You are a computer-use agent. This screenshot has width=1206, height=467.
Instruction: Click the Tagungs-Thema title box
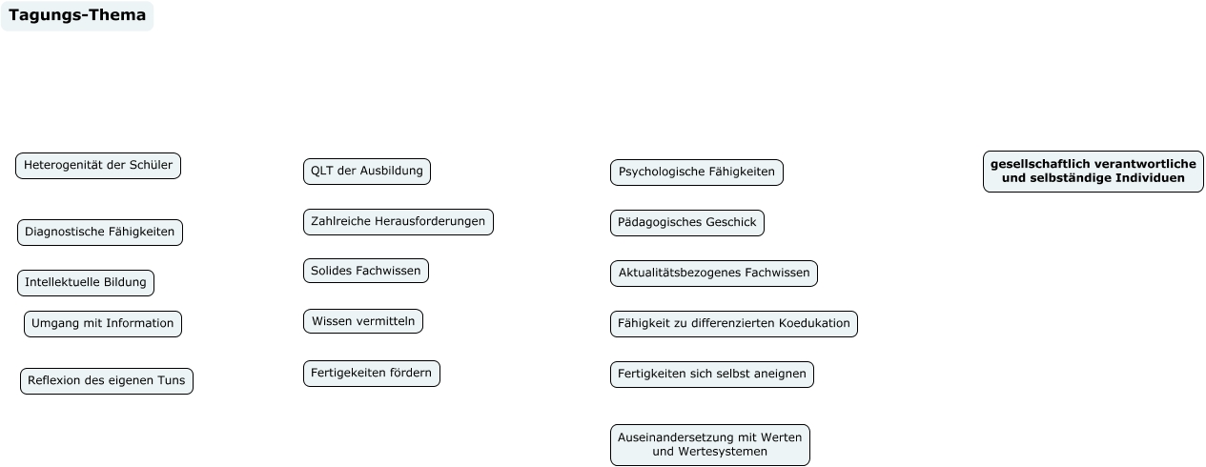coord(77,15)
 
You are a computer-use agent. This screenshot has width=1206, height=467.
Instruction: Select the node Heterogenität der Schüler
coord(98,166)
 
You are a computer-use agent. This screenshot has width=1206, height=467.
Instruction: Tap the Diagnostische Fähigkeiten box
coord(100,233)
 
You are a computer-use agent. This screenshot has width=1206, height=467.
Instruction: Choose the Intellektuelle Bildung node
coord(86,283)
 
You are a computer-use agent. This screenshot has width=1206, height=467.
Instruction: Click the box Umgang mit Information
coord(103,324)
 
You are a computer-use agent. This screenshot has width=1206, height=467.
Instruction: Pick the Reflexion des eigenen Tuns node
coord(107,381)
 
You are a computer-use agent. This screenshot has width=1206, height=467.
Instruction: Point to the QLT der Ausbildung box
coord(367,172)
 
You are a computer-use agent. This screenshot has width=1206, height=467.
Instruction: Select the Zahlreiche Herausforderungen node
coord(399,222)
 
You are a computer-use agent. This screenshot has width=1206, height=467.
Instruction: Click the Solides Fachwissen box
coord(366,272)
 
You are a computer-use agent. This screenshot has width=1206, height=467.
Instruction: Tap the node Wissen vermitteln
coord(363,322)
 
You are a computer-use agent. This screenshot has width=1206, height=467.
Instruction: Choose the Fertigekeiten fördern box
coord(372,374)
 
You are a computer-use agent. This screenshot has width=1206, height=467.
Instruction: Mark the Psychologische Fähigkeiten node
coord(697,173)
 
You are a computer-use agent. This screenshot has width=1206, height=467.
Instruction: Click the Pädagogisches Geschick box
coord(687,223)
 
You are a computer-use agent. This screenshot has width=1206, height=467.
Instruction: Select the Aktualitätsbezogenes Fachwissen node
coord(714,274)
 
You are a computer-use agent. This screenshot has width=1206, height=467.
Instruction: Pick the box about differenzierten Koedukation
coord(734,324)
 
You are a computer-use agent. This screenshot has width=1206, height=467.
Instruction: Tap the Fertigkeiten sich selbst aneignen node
coord(712,375)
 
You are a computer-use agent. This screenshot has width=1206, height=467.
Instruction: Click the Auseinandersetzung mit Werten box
coord(710,445)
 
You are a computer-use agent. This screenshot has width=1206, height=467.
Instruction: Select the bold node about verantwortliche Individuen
coord(1094,172)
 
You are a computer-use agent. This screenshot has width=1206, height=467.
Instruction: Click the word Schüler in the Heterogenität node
coord(153,165)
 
